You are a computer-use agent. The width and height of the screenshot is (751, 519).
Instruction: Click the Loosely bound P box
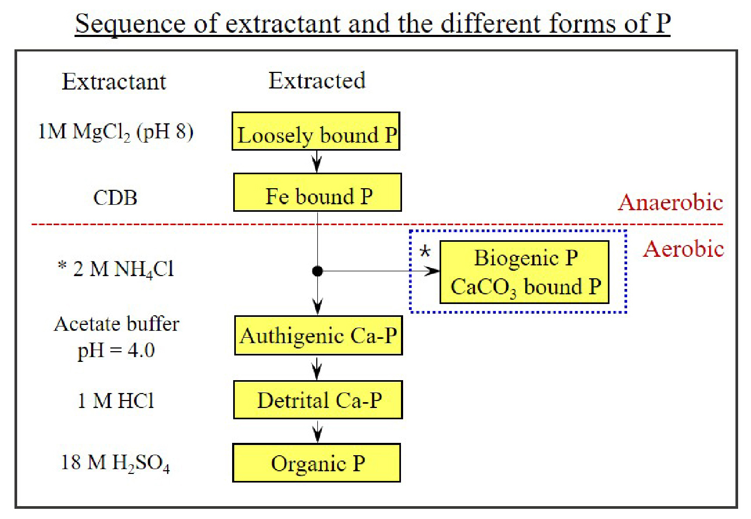pos(316,131)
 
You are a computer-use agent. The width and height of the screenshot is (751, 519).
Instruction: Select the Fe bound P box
pos(317,192)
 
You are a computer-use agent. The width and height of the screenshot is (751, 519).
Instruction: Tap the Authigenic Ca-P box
pos(318,335)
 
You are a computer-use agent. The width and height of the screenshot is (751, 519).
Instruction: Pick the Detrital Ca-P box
pos(318,399)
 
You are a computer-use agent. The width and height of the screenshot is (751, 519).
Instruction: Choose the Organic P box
pos(316,463)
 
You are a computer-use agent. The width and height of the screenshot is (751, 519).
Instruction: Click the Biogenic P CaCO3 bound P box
pos(524,272)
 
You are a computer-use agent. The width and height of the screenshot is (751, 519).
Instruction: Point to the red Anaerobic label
pos(670,202)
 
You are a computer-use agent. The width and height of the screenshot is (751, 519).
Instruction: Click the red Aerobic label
pos(683,248)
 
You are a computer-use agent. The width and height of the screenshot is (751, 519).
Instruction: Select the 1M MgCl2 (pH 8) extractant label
pos(116,132)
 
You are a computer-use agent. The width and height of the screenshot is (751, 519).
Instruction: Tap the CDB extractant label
pos(115,197)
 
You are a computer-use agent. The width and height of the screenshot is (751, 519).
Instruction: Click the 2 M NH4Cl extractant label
pos(116,269)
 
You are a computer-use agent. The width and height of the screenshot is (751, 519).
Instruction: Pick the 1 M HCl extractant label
pos(116,401)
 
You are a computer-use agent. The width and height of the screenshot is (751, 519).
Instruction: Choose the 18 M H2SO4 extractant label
pos(116,463)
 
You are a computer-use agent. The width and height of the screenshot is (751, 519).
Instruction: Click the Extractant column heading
pos(114,81)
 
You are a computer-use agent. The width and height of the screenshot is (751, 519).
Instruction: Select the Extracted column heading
pos(317,80)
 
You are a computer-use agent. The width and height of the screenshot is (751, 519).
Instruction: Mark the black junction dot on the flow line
pos(317,271)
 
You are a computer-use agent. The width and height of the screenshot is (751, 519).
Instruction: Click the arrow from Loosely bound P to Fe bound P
pos(317,161)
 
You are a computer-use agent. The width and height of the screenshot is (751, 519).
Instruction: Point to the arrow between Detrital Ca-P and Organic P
pos(317,432)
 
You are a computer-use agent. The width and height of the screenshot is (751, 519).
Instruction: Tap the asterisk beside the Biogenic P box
pos(425,251)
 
